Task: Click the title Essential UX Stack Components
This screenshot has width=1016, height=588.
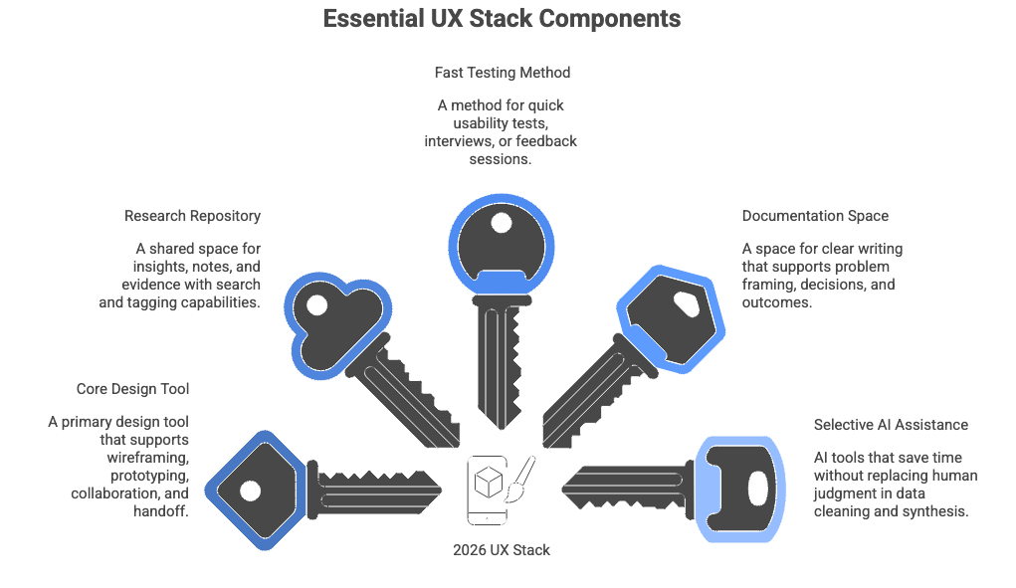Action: (x=502, y=19)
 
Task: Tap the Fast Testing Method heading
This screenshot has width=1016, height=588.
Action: (x=502, y=73)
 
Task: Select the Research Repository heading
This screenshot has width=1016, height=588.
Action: (x=192, y=216)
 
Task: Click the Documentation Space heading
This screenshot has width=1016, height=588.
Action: (x=815, y=215)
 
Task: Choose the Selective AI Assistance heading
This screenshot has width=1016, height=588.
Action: (x=891, y=424)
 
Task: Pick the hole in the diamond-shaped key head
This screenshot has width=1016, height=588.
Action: (x=251, y=490)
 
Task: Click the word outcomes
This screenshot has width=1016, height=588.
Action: (x=776, y=302)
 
